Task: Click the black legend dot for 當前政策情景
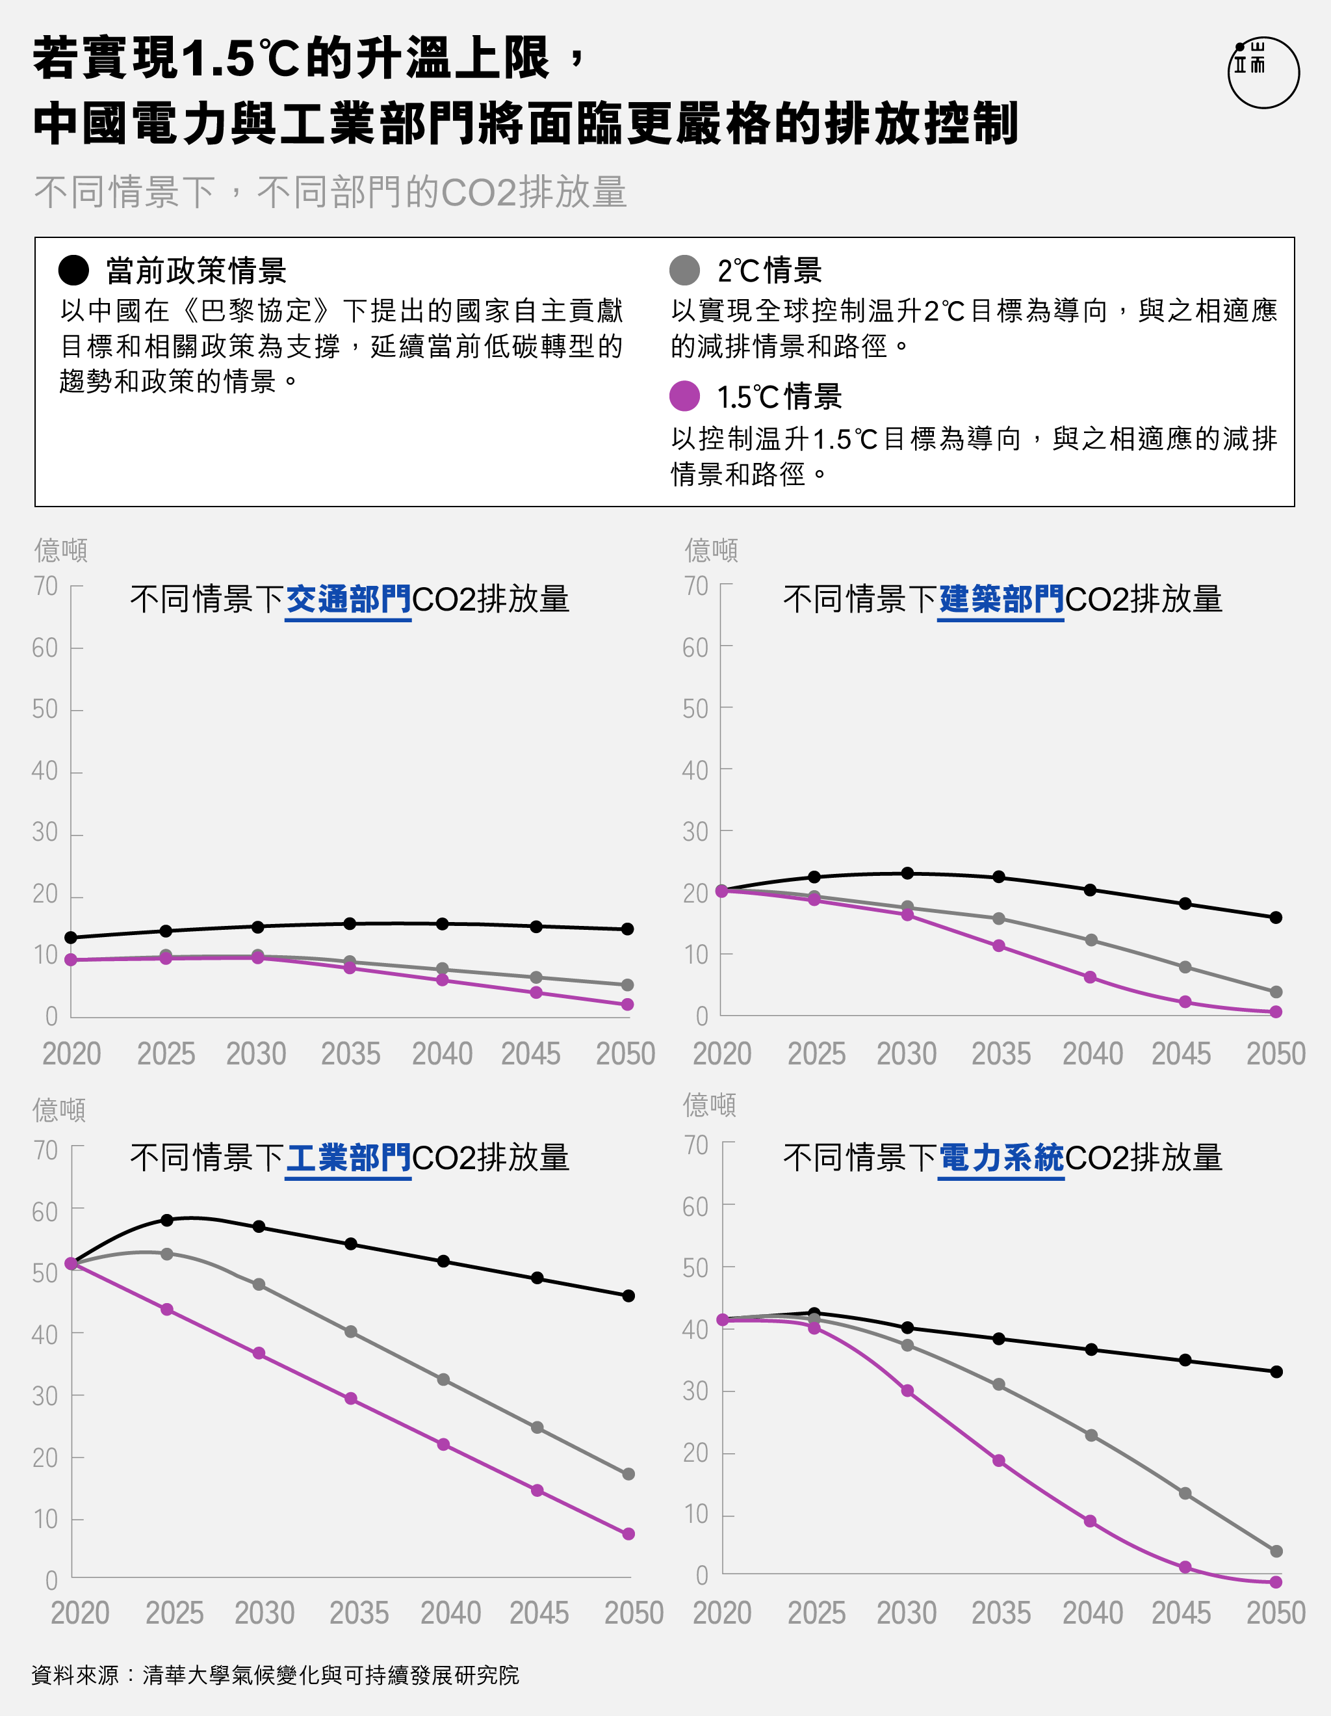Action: [74, 271]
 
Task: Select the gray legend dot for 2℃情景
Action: [684, 271]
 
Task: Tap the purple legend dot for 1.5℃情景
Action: [684, 396]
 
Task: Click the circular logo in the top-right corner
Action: [1263, 72]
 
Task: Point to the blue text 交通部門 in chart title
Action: [348, 600]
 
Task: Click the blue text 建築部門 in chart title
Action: [1001, 600]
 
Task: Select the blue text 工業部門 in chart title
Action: [348, 1158]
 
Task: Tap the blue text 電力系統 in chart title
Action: [1001, 1158]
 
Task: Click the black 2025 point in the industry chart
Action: [166, 1221]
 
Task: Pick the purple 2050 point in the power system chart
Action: [1276, 1581]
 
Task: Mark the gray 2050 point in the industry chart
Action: [628, 1474]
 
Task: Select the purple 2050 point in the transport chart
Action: [627, 1004]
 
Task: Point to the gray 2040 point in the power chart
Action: [1091, 1436]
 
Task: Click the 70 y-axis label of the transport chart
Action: [45, 586]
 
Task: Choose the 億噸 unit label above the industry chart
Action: [59, 1110]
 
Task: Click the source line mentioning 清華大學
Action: [275, 1674]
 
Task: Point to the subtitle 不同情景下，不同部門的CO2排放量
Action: [330, 192]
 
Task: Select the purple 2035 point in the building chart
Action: [999, 945]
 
